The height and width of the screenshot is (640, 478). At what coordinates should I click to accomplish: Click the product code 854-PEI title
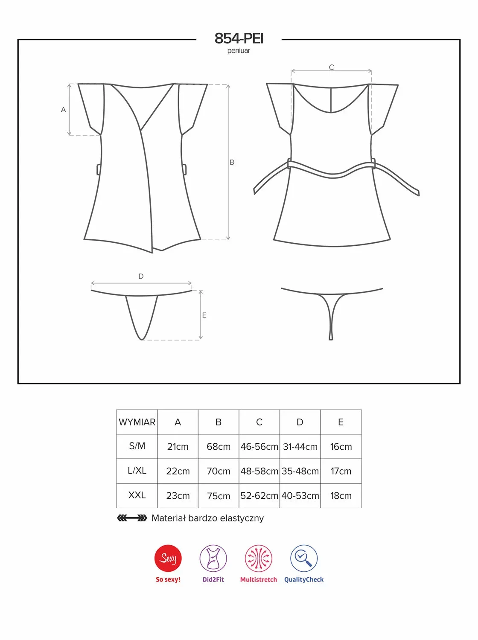point(239,38)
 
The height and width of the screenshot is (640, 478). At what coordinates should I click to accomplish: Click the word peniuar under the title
point(239,51)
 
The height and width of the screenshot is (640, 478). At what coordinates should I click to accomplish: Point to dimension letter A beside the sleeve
point(63,110)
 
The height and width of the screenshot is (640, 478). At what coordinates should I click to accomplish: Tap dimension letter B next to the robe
point(232,163)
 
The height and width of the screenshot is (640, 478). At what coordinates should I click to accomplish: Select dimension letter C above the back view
point(331,67)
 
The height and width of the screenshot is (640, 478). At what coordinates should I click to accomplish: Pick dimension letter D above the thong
point(141,276)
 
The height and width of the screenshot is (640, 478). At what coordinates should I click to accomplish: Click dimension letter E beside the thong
point(204,315)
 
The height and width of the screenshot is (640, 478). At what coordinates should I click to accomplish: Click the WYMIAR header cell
point(137,422)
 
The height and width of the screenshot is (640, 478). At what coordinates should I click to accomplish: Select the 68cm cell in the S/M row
point(219,446)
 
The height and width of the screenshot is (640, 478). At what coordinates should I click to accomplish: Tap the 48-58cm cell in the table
point(259,471)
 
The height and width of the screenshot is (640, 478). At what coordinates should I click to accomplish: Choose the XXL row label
point(137,495)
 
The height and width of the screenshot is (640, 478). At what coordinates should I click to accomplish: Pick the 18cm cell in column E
point(341,495)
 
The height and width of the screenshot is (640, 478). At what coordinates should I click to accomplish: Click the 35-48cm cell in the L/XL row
point(300,471)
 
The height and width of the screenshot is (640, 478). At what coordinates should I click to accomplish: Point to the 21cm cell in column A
point(178,446)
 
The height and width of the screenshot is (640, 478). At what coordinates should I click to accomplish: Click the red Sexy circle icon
point(168,558)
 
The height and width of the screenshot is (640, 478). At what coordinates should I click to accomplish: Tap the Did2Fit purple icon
point(213,558)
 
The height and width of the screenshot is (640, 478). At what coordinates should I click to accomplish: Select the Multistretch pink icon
point(258,558)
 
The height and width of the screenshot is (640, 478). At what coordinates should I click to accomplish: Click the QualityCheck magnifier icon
point(304,558)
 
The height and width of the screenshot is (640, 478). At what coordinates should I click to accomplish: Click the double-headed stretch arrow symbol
point(132,518)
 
